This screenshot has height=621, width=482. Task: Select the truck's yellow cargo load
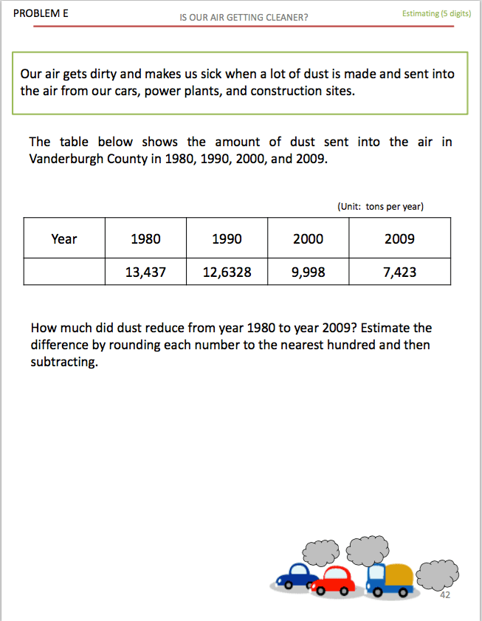399,574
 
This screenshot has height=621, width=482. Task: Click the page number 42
444,595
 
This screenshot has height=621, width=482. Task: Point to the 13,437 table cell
145,272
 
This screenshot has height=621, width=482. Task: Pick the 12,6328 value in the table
227,272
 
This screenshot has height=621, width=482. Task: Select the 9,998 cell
308,272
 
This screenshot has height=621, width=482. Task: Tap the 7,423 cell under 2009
399,272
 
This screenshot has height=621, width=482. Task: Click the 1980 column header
145,239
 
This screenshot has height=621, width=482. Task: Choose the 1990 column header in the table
227,239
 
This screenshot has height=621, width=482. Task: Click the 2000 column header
308,239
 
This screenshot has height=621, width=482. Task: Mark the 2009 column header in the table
399,239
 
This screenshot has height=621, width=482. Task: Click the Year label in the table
64,239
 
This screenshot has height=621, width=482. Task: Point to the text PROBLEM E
41,13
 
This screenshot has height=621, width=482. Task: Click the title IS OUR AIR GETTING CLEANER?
244,17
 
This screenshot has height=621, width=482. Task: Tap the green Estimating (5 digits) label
436,13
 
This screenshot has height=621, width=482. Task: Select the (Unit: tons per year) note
380,207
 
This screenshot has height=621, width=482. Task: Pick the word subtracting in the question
64,363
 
